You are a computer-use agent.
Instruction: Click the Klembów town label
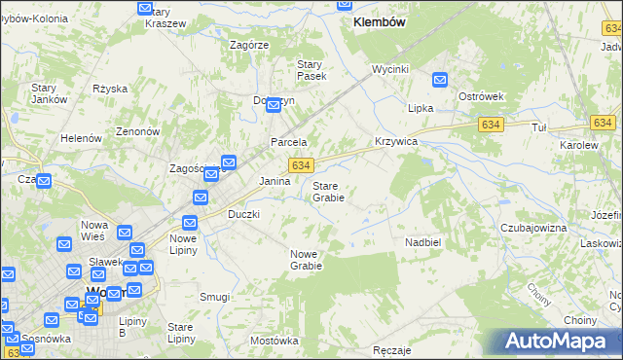point(380,21)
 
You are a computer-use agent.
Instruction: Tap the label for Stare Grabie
point(327,191)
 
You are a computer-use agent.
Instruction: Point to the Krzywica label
point(396,141)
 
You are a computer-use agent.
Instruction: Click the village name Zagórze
point(249,45)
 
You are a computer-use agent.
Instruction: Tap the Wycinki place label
point(389,70)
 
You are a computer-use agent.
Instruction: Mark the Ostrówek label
point(480,97)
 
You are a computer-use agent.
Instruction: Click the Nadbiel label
point(423,241)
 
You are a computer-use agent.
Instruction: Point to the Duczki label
point(243,214)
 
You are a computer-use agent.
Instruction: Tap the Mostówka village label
point(274,341)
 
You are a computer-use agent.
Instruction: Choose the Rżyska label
point(110,89)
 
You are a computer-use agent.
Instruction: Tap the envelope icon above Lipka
point(440,81)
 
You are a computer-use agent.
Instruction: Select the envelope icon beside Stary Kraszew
point(146,9)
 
